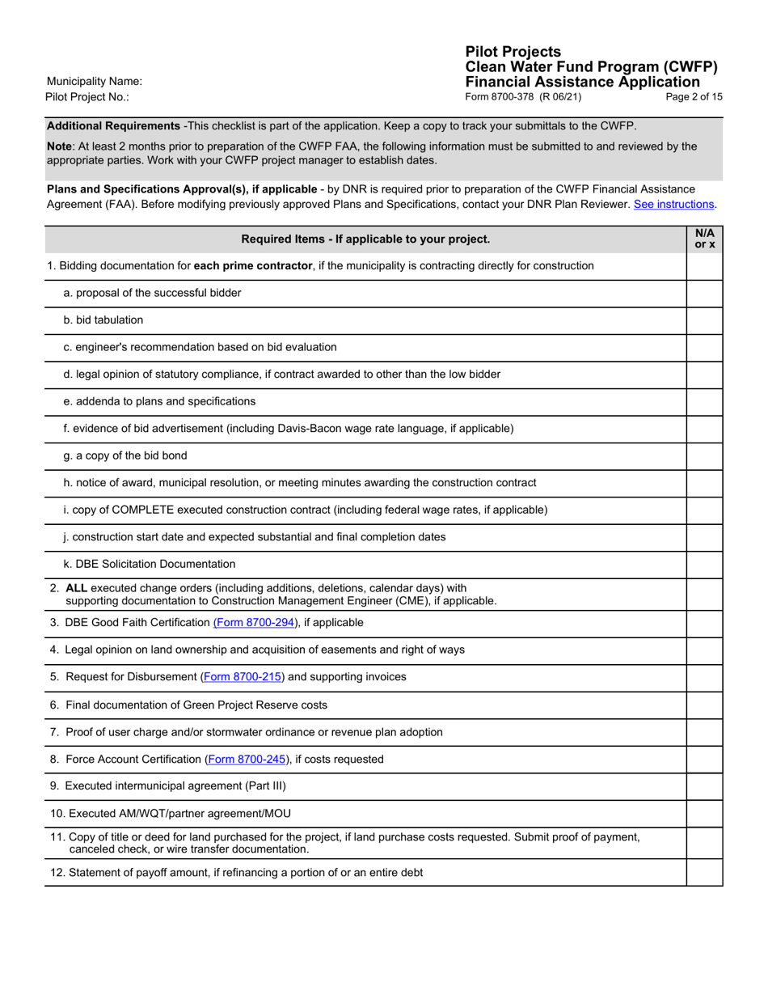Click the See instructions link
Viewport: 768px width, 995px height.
[x=673, y=205]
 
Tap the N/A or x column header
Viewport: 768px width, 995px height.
[x=704, y=239]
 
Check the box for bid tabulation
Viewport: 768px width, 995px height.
[x=704, y=320]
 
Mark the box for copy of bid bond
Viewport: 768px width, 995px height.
[x=704, y=456]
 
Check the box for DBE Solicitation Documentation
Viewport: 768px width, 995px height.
[x=704, y=565]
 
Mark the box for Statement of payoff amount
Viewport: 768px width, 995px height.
[x=704, y=873]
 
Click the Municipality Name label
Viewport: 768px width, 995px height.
[x=95, y=81]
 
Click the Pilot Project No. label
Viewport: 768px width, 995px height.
[x=87, y=97]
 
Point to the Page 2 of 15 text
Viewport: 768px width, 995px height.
[x=694, y=97]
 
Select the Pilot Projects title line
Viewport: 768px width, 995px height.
[x=513, y=52]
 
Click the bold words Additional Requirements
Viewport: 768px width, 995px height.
[x=113, y=126]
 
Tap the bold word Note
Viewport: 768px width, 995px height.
[x=59, y=146]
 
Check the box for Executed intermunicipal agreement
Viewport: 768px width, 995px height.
[x=704, y=786]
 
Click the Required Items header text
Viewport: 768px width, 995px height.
[x=365, y=239]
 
